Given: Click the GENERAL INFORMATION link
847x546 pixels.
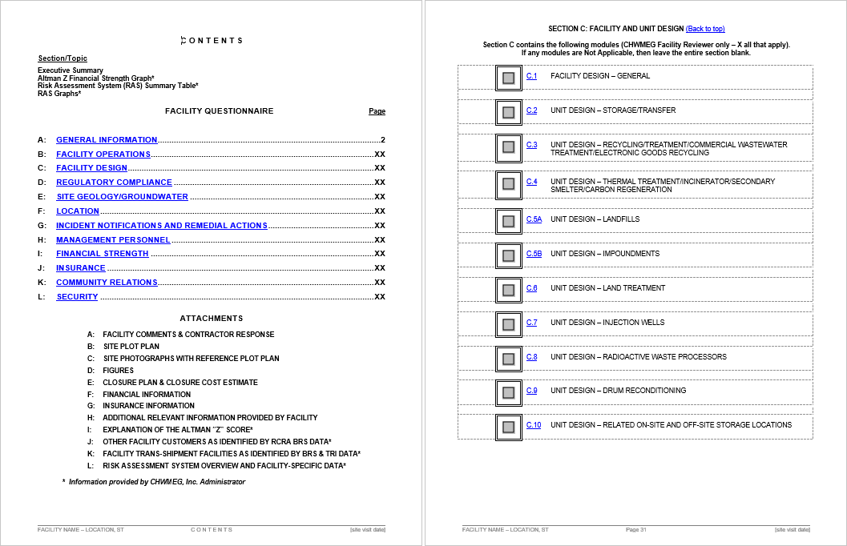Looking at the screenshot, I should pos(107,140).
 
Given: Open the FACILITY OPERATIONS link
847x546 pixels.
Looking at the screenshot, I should pos(103,155).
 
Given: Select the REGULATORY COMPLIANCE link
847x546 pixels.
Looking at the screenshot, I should pos(114,183).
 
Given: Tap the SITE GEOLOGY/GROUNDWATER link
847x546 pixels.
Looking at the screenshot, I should pos(122,197).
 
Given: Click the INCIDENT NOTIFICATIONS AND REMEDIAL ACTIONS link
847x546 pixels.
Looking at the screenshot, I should pos(161,226).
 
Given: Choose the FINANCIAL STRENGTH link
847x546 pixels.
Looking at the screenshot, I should pos(102,254).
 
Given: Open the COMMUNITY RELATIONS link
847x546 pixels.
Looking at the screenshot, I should pos(107,283).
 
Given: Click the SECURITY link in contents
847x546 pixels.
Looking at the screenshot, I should pos(77,297).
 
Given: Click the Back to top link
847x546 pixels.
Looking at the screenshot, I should pos(705,29).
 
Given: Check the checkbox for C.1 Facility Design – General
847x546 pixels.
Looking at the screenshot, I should pos(508,78).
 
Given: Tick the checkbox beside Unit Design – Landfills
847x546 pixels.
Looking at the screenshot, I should pos(508,221).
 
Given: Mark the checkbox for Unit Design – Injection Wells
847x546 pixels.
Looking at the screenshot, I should pos(508,324).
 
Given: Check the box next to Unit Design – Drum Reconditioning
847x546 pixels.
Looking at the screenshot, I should pos(508,392).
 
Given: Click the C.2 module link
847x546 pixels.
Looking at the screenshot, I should pos(532,110).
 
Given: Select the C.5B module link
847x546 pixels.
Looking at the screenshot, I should pos(534,254).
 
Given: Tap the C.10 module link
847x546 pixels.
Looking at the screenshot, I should pos(534,425).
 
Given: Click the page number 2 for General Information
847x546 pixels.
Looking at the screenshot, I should pos(383,140).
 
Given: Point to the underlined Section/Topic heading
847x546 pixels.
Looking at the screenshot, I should pos(63,58).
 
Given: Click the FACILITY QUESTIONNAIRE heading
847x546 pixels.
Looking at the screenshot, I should pos(219,111).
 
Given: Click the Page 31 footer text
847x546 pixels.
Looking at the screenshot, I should pos(636,530).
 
